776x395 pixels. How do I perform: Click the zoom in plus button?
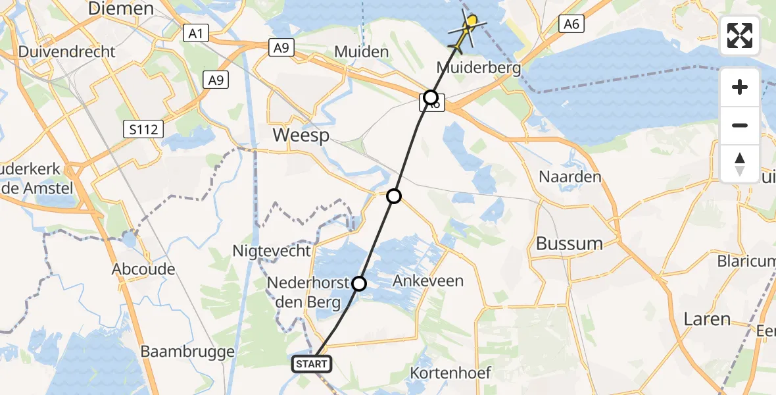tap(740, 87)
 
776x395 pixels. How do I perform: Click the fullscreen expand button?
tap(740, 36)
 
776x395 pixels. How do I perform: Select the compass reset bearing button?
tap(740, 164)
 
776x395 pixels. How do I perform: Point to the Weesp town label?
tap(301, 137)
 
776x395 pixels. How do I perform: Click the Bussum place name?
tap(570, 244)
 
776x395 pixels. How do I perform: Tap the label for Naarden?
tap(570, 177)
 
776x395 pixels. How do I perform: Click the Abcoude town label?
tap(143, 269)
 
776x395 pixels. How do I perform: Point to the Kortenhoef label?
tap(450, 373)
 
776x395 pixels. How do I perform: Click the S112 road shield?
tap(144, 130)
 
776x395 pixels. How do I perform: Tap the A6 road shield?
tap(571, 24)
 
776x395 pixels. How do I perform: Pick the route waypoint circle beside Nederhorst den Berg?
tap(359, 284)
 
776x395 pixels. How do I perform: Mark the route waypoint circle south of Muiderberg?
tap(431, 98)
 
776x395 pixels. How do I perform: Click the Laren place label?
tap(707, 320)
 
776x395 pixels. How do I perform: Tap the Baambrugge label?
tap(187, 352)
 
